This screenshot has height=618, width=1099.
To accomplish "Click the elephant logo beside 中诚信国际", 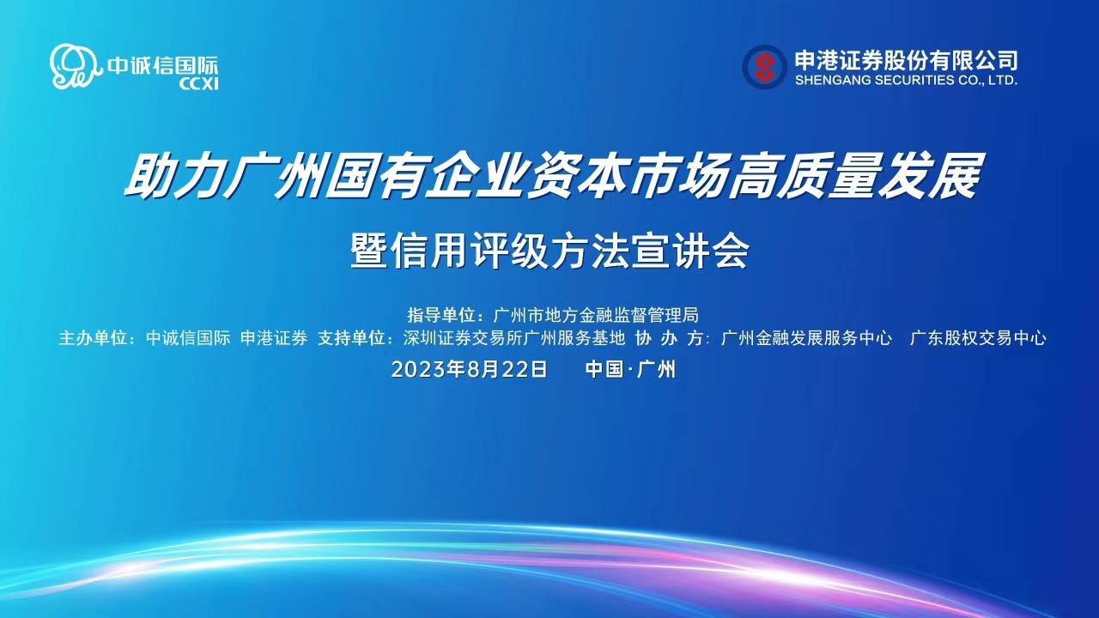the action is [74, 66].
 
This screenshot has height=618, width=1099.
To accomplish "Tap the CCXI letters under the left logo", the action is [198, 84].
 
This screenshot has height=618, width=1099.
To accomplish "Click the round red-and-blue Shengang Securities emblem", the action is [764, 67].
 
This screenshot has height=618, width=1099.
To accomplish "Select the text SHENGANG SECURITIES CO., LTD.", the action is [906, 80].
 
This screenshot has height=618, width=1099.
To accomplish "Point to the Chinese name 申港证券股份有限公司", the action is [906, 60].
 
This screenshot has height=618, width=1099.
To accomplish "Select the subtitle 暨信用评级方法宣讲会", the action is [550, 251].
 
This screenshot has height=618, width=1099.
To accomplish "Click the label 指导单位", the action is [441, 315].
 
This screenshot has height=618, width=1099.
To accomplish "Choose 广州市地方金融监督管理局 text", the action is [596, 315].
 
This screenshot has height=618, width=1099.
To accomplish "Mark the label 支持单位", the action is [351, 338].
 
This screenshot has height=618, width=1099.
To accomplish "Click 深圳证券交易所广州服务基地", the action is [514, 338].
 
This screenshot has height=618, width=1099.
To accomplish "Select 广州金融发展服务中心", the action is [806, 338].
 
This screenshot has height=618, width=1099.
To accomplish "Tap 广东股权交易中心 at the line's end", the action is [978, 338].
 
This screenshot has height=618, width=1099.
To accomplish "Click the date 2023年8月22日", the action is [469, 369].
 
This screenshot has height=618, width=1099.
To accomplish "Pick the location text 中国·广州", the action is [630, 369].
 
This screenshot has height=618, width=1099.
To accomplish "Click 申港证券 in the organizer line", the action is [274, 338].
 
